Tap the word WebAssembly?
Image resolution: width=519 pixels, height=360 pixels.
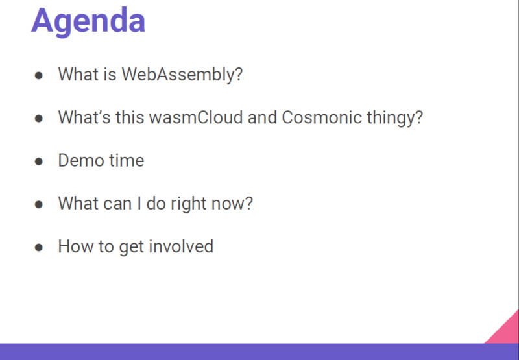(182, 75)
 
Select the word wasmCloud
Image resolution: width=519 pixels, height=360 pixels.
(196, 117)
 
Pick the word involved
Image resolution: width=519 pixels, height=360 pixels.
(181, 246)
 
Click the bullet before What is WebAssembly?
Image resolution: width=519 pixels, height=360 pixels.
(39, 75)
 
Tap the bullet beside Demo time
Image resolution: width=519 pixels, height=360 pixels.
(39, 162)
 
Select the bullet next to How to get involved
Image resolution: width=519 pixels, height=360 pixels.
(39, 248)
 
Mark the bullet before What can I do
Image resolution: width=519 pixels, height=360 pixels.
(39, 204)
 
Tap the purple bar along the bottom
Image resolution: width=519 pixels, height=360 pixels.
(259, 352)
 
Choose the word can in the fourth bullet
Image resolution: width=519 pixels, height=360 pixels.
(117, 204)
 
